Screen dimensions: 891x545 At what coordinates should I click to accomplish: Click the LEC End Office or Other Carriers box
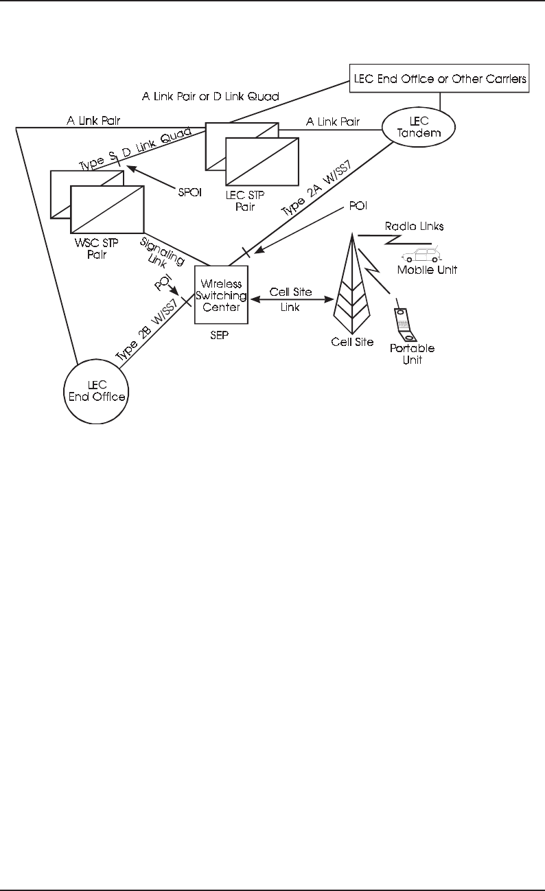439,79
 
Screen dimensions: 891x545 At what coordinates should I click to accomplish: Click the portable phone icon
403,325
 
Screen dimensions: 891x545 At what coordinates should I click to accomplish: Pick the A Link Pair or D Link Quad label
211,97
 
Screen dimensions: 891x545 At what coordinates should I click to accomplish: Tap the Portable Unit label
412,354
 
